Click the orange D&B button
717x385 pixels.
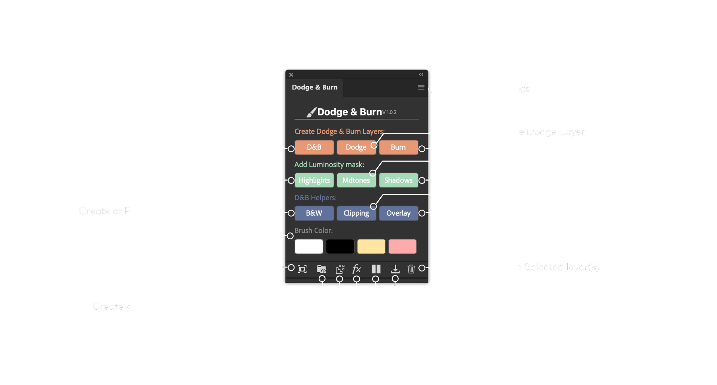[x=314, y=147]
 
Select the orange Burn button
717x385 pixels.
[x=398, y=147]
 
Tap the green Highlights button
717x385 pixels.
[x=314, y=180]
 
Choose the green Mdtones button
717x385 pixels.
[x=356, y=180]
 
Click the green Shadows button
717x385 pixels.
[x=398, y=180]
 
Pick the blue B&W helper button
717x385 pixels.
[x=314, y=213]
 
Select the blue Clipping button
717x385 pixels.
[x=356, y=213]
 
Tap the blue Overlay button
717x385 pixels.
[x=398, y=213]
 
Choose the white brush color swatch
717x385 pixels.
[x=309, y=247]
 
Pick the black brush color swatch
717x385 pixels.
[x=340, y=247]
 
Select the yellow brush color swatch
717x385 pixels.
[x=371, y=247]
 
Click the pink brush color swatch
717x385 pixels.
[x=402, y=247]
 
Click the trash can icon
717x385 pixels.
[x=411, y=269]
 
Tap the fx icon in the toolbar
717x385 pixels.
[x=356, y=269]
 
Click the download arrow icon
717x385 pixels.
[x=395, y=269]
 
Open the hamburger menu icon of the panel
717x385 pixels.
[x=421, y=87]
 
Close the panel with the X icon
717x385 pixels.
[x=291, y=75]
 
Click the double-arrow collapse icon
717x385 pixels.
[x=421, y=75]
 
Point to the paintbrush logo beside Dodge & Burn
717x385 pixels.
[x=311, y=112]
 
